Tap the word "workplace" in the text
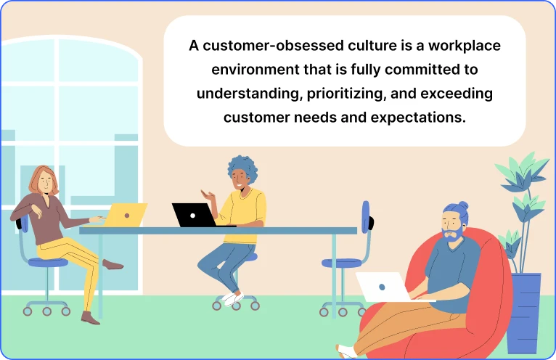point(465,46)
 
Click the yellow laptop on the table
point(126,214)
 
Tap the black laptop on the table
point(193,215)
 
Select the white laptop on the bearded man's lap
point(383,286)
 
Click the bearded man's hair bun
point(462,205)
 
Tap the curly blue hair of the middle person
point(242,169)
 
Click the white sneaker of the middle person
point(231,298)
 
